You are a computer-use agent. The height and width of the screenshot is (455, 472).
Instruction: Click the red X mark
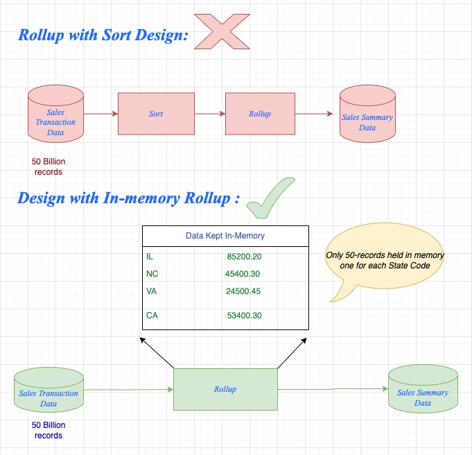(222, 31)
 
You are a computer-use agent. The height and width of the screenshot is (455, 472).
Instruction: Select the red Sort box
(156, 113)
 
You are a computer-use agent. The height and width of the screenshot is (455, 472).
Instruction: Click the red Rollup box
(259, 113)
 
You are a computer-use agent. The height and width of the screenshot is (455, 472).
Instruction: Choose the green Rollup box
(225, 389)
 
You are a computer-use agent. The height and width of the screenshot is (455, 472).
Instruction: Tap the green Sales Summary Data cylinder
(422, 392)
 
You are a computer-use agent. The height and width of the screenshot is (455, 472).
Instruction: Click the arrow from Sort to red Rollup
(209, 113)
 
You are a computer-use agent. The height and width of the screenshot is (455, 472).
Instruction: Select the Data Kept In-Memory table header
(225, 236)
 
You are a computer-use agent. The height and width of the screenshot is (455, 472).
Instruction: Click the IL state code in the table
(150, 257)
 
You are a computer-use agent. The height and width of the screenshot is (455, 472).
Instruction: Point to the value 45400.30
(243, 274)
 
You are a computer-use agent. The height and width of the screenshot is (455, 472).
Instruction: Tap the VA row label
(151, 291)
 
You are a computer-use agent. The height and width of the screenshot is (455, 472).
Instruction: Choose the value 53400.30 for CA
(244, 316)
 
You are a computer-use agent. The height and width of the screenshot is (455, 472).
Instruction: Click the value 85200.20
(244, 257)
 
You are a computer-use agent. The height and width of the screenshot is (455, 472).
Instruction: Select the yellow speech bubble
(385, 262)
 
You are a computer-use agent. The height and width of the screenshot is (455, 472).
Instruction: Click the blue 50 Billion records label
(48, 430)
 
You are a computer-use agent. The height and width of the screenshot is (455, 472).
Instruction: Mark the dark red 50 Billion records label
(48, 166)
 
